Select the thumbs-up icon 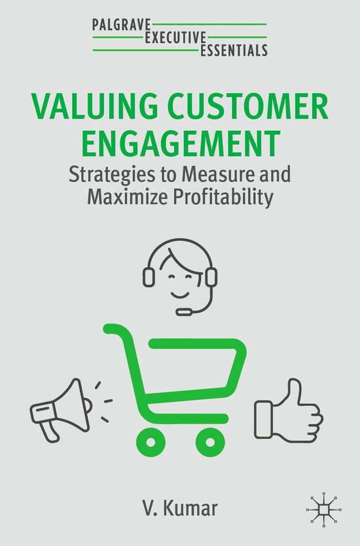pos(289,406)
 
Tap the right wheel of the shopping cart pos(210,441)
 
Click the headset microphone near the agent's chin pos(185,312)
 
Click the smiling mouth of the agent pos(180,291)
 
